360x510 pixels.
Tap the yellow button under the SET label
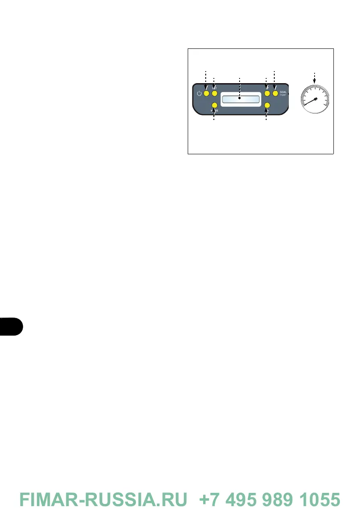(x=214, y=93)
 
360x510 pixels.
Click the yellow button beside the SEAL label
(x=275, y=93)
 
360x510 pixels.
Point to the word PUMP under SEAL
(x=283, y=96)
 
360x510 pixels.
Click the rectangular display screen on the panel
(x=240, y=99)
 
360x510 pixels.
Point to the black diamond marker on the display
(x=240, y=98)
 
